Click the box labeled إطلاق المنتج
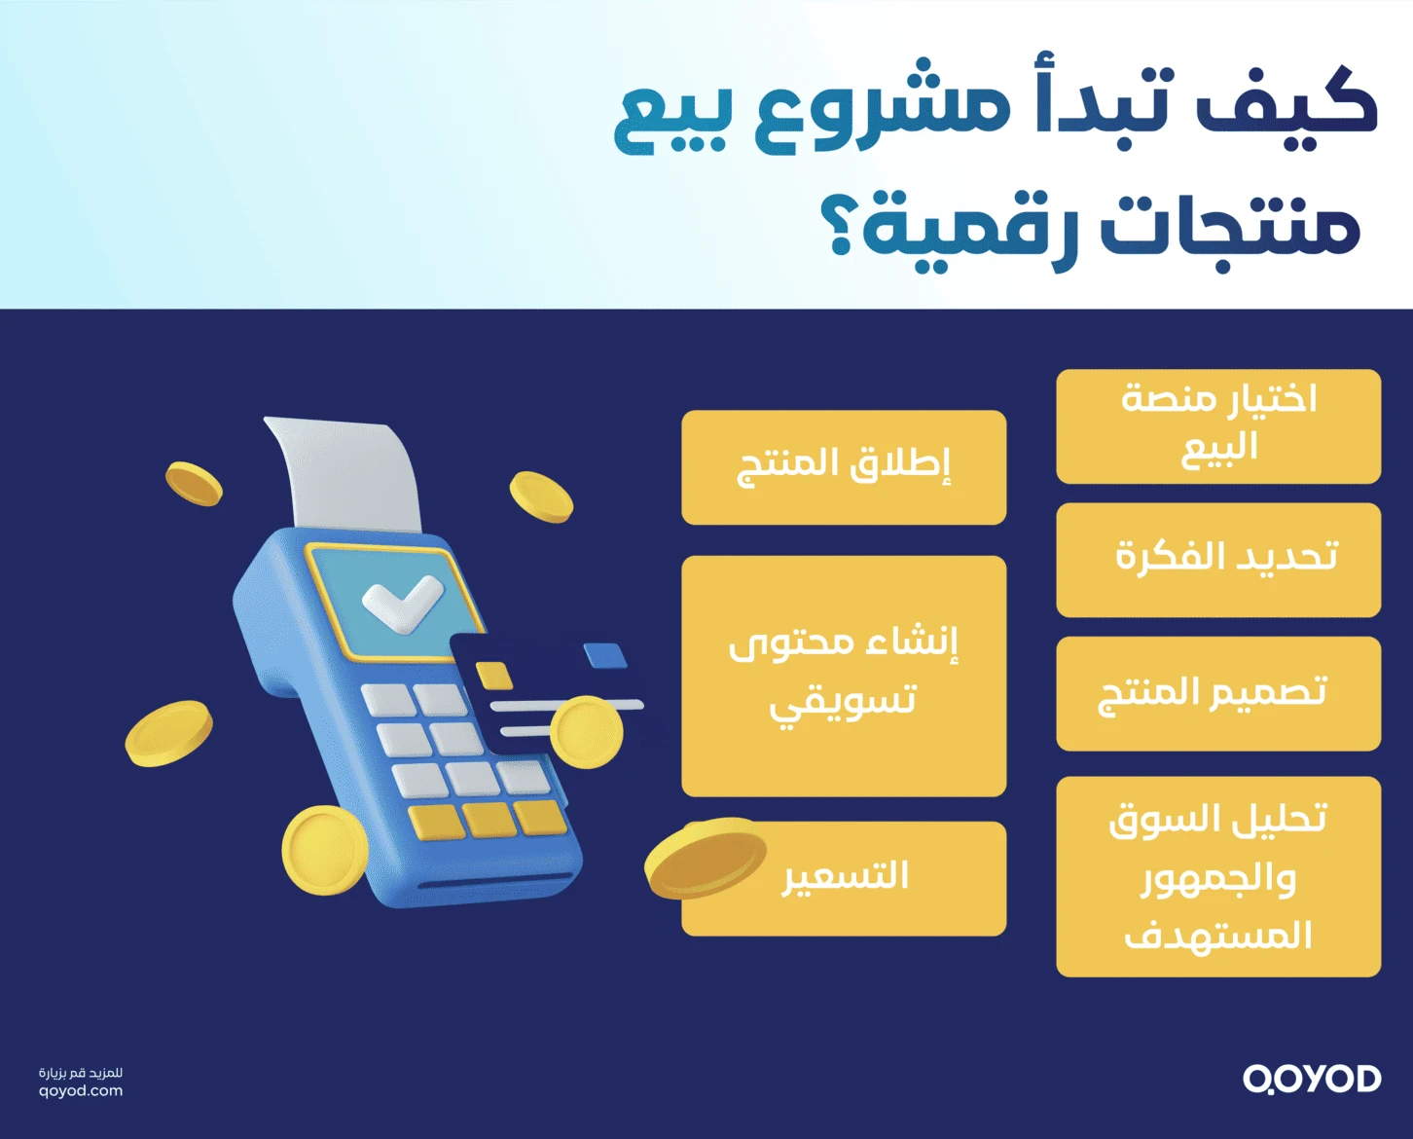pyautogui.click(x=844, y=467)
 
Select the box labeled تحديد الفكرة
pyautogui.click(x=1218, y=560)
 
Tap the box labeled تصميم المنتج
pyautogui.click(x=1218, y=694)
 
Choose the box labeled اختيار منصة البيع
pyautogui.click(x=1218, y=426)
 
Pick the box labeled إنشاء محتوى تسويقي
pyautogui.click(x=844, y=676)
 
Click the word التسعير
pyautogui.click(x=846, y=876)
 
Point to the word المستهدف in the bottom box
pyautogui.click(x=1218, y=936)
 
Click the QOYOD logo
pyautogui.click(x=1311, y=1079)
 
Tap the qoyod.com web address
pyautogui.click(x=81, y=1091)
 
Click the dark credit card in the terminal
pyautogui.click(x=525, y=681)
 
